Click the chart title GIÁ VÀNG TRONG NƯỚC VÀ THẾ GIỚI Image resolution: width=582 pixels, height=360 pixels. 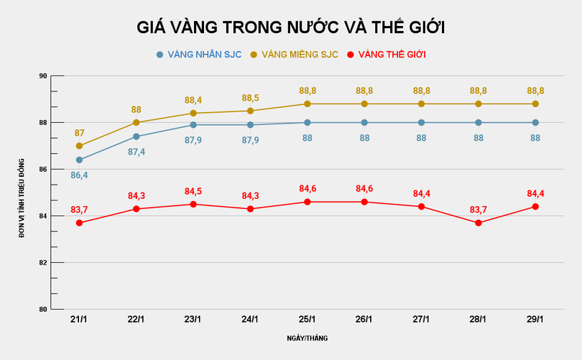click(x=291, y=27)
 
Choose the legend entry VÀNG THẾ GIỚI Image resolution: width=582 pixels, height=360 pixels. click(x=392, y=55)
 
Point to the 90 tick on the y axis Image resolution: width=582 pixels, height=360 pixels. click(x=42, y=76)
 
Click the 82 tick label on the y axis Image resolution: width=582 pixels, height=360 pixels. click(x=42, y=263)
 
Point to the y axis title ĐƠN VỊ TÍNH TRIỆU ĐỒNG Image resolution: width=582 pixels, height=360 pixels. click(x=22, y=193)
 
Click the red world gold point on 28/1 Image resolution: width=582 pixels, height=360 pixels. click(x=479, y=223)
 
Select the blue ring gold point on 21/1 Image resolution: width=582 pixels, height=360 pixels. click(x=79, y=160)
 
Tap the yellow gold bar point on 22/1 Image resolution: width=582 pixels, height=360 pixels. click(x=136, y=122)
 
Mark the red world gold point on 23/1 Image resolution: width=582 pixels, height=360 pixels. click(x=193, y=204)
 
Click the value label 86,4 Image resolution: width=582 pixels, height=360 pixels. click(x=79, y=175)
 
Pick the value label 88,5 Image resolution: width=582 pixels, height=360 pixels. click(x=250, y=98)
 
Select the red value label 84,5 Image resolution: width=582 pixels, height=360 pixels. click(x=193, y=191)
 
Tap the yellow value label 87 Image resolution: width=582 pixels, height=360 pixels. click(x=79, y=133)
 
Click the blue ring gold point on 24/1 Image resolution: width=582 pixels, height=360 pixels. click(x=250, y=124)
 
